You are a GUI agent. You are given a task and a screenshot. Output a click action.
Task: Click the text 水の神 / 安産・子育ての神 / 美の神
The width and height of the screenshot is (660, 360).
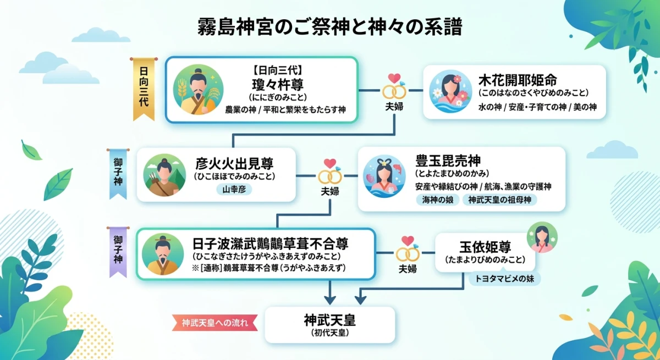pyautogui.click(x=537, y=107)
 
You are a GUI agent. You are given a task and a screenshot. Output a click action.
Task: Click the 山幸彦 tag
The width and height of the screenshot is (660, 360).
pyautogui.click(x=234, y=189)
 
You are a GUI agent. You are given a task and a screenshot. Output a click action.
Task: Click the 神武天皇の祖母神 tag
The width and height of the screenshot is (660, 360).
pyautogui.click(x=499, y=200)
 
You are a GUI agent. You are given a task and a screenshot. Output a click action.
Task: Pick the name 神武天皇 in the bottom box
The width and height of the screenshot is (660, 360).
pyautogui.click(x=330, y=320)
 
